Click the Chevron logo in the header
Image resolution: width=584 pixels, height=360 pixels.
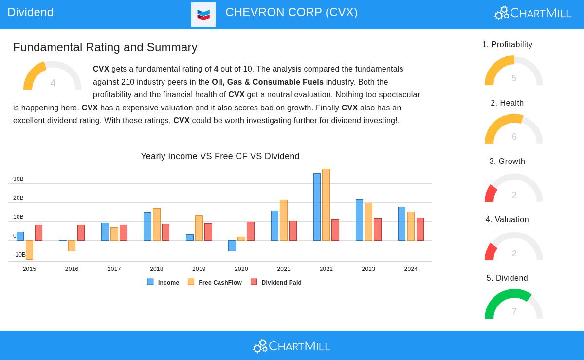[x=203, y=15]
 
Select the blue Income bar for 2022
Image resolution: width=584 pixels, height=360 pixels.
[x=317, y=207]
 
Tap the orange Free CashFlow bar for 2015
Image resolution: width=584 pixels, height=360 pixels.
[x=29, y=250]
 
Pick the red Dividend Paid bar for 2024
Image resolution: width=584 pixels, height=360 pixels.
[x=420, y=229]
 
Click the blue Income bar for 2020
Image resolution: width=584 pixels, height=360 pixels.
[x=232, y=245]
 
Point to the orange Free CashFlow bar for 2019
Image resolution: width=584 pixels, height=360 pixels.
[x=199, y=228]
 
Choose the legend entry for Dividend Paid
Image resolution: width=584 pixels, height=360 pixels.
[x=276, y=282]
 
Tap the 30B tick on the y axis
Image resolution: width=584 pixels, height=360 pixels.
[x=18, y=179]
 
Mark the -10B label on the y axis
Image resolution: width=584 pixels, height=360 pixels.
[x=19, y=255]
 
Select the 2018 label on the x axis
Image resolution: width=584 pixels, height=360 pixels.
[x=156, y=269]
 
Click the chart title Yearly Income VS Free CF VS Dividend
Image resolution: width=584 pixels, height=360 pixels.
[x=220, y=156]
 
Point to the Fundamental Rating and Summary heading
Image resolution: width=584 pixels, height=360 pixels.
[x=105, y=47]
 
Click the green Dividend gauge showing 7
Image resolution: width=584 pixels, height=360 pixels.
[x=513, y=304]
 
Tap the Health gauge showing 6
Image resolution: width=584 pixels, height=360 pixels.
[x=513, y=129]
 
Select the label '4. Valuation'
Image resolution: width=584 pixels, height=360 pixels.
[x=507, y=220]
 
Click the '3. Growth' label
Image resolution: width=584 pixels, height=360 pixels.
[x=507, y=162]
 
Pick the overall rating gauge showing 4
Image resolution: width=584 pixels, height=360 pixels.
[x=53, y=77]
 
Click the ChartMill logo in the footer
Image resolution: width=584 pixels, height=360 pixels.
[x=292, y=346]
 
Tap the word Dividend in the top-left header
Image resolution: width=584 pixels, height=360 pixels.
[x=30, y=12]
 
